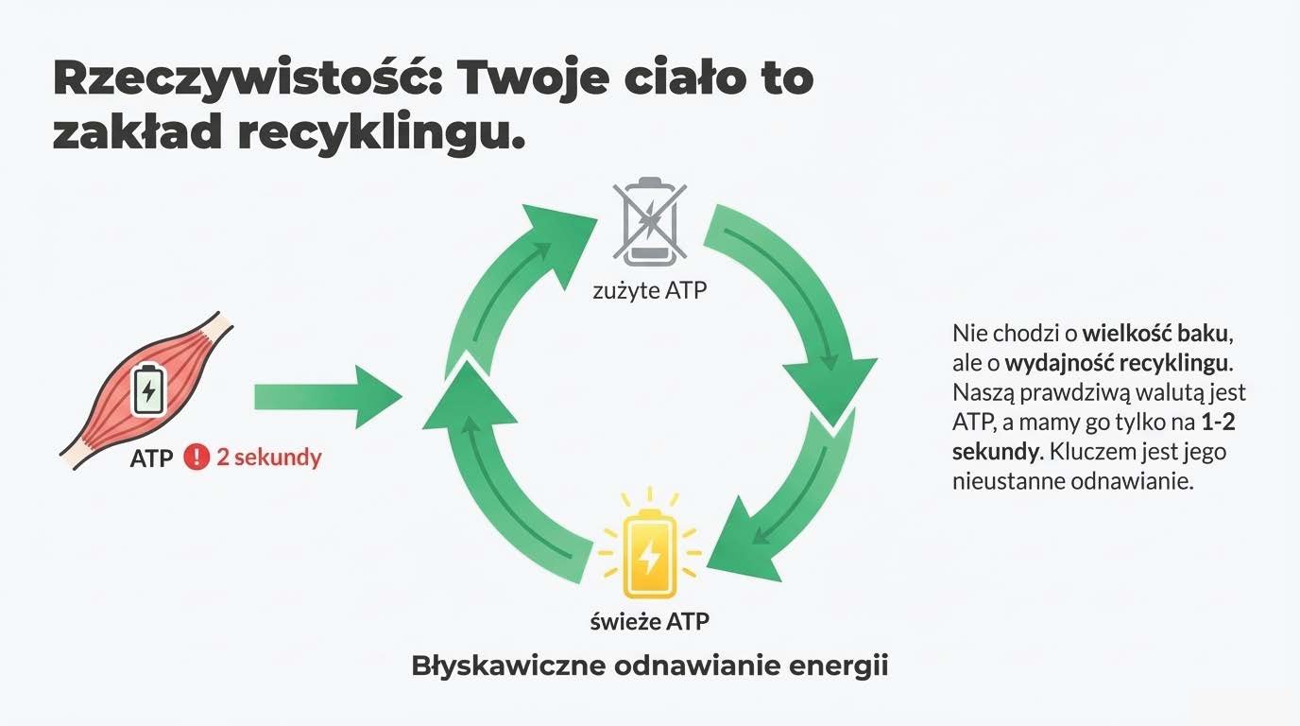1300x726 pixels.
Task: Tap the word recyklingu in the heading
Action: click(380, 132)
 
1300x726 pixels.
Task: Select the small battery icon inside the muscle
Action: click(147, 388)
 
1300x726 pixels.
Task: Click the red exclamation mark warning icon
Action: click(196, 458)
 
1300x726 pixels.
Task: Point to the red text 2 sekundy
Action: click(269, 458)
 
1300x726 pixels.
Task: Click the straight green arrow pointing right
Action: click(326, 396)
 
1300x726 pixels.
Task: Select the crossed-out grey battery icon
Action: click(649, 223)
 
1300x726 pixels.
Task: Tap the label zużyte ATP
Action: click(649, 290)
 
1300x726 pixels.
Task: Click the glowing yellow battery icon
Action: click(649, 553)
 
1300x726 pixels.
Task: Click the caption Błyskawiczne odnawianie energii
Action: click(650, 665)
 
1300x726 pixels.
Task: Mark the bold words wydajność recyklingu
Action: click(1118, 363)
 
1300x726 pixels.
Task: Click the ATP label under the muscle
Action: click(151, 459)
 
